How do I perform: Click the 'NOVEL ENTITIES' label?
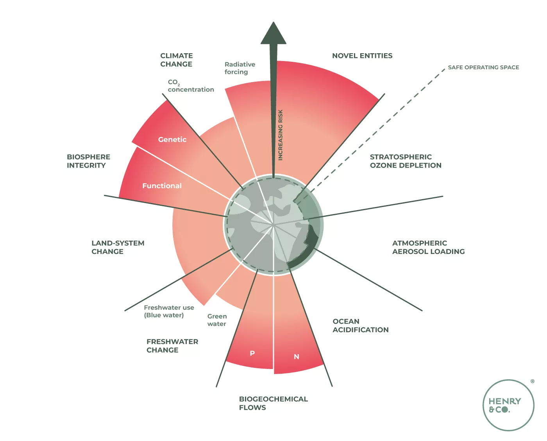[x=362, y=56]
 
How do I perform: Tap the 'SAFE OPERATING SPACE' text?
[x=483, y=67]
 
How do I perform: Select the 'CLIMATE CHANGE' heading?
[x=177, y=60]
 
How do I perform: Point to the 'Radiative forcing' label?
[x=240, y=68]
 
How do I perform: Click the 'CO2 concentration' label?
[x=191, y=86]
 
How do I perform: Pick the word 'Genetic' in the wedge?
[x=172, y=139]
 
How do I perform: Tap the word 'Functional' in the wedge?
[x=162, y=186]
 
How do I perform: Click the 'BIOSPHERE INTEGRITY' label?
[x=88, y=161]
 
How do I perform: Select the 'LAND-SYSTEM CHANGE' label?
[x=118, y=247]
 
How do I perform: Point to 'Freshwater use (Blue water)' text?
[x=169, y=311]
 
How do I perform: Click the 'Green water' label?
[x=217, y=320]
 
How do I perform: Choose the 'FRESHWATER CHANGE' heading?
[x=172, y=346]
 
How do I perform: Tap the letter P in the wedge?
[x=252, y=353]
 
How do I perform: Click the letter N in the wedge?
[x=297, y=357]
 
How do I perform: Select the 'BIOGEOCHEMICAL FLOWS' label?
[x=273, y=403]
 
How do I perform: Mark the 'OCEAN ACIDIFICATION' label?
[x=360, y=326]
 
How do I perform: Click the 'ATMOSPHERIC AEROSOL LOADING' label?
[x=428, y=247]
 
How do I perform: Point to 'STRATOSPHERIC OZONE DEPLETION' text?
[x=405, y=161]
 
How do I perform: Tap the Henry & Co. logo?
[x=508, y=405]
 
